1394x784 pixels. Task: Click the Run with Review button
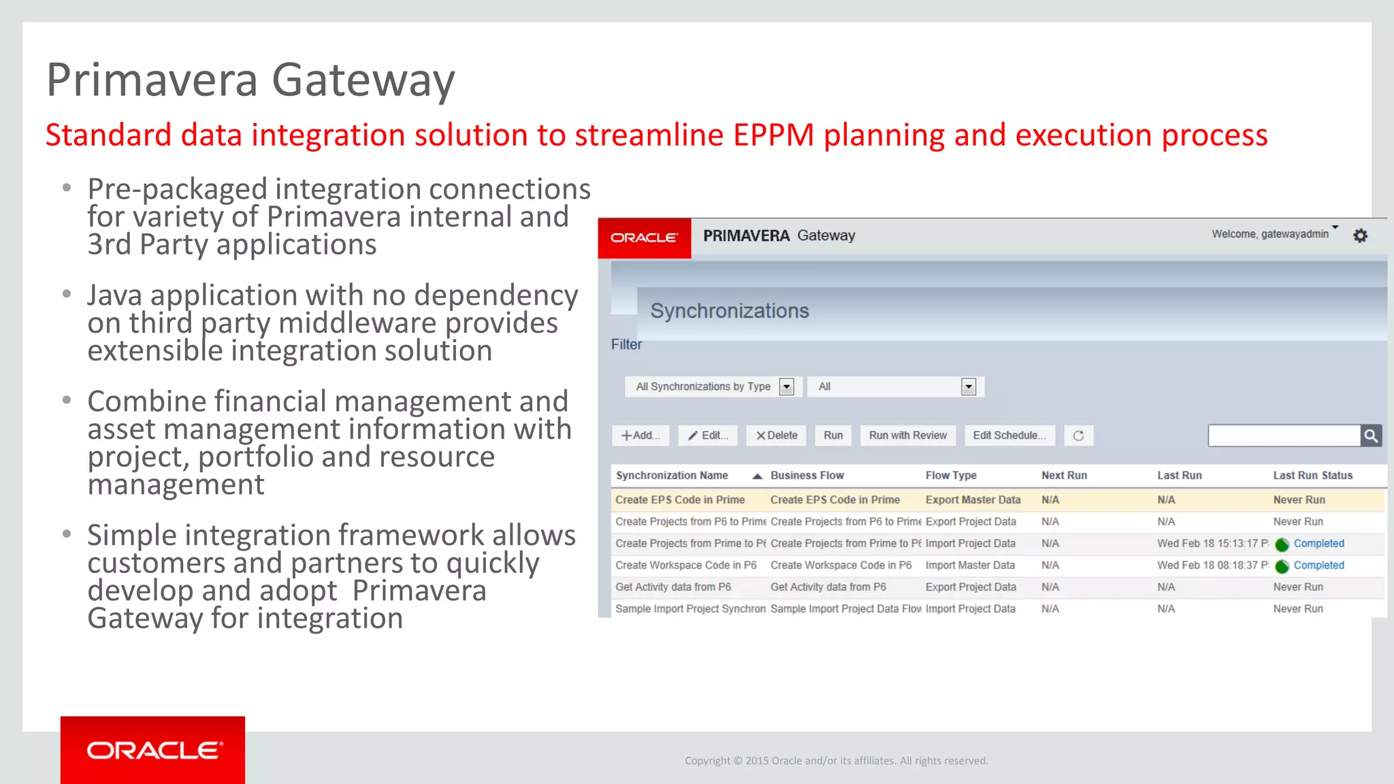coord(907,436)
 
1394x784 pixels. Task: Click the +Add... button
coord(640,436)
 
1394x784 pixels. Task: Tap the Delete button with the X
coord(776,436)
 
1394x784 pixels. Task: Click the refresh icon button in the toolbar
coord(1078,436)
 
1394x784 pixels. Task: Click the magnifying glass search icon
coord(1371,436)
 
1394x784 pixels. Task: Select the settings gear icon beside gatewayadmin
coord(1360,235)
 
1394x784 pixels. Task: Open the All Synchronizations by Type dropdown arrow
coord(786,387)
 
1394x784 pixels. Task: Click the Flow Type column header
coord(950,475)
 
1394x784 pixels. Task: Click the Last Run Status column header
coord(1312,475)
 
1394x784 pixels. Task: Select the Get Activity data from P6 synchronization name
coord(672,587)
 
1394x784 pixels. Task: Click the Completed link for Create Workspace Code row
coord(1318,565)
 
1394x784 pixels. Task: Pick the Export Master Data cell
coord(973,500)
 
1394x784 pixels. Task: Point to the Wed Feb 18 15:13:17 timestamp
coord(1212,543)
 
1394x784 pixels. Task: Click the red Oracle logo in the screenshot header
coord(644,238)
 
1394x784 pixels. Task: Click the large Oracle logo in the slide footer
coord(153,750)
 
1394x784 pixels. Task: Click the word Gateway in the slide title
coord(363,80)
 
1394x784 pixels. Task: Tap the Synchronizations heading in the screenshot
coord(729,311)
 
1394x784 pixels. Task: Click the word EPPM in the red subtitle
coord(773,135)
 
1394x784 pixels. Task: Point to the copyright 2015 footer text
coord(836,760)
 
